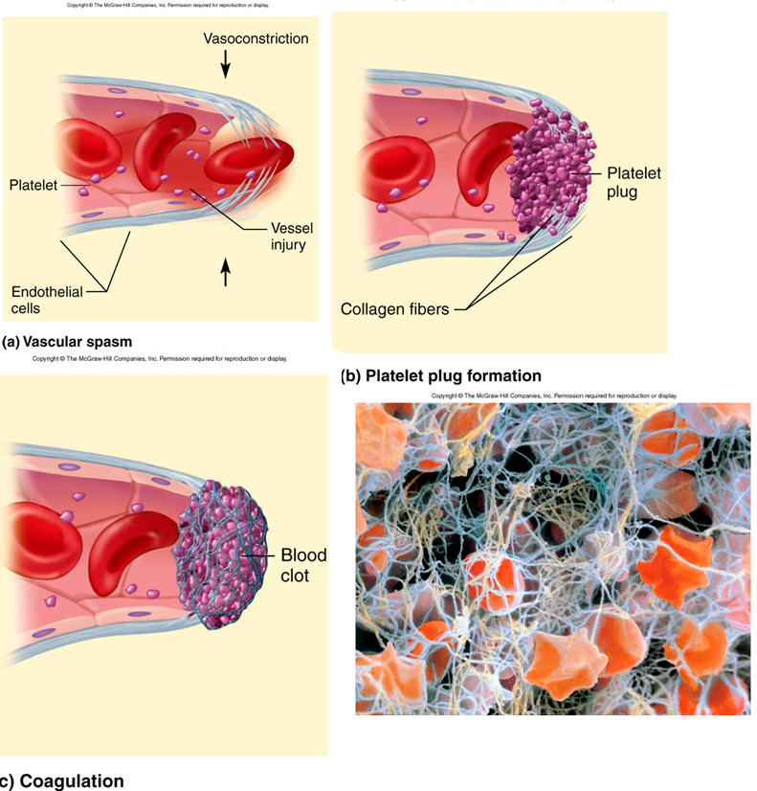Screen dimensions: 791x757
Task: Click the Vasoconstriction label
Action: click(x=256, y=38)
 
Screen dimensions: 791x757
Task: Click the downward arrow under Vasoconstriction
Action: click(x=226, y=63)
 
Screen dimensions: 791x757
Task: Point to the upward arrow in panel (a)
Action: click(x=226, y=273)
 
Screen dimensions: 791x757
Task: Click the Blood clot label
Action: click(x=303, y=564)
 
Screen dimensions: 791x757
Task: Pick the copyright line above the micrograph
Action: click(x=554, y=395)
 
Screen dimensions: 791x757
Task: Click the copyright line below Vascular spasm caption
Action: click(x=160, y=359)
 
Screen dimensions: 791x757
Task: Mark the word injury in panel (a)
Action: click(x=288, y=244)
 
